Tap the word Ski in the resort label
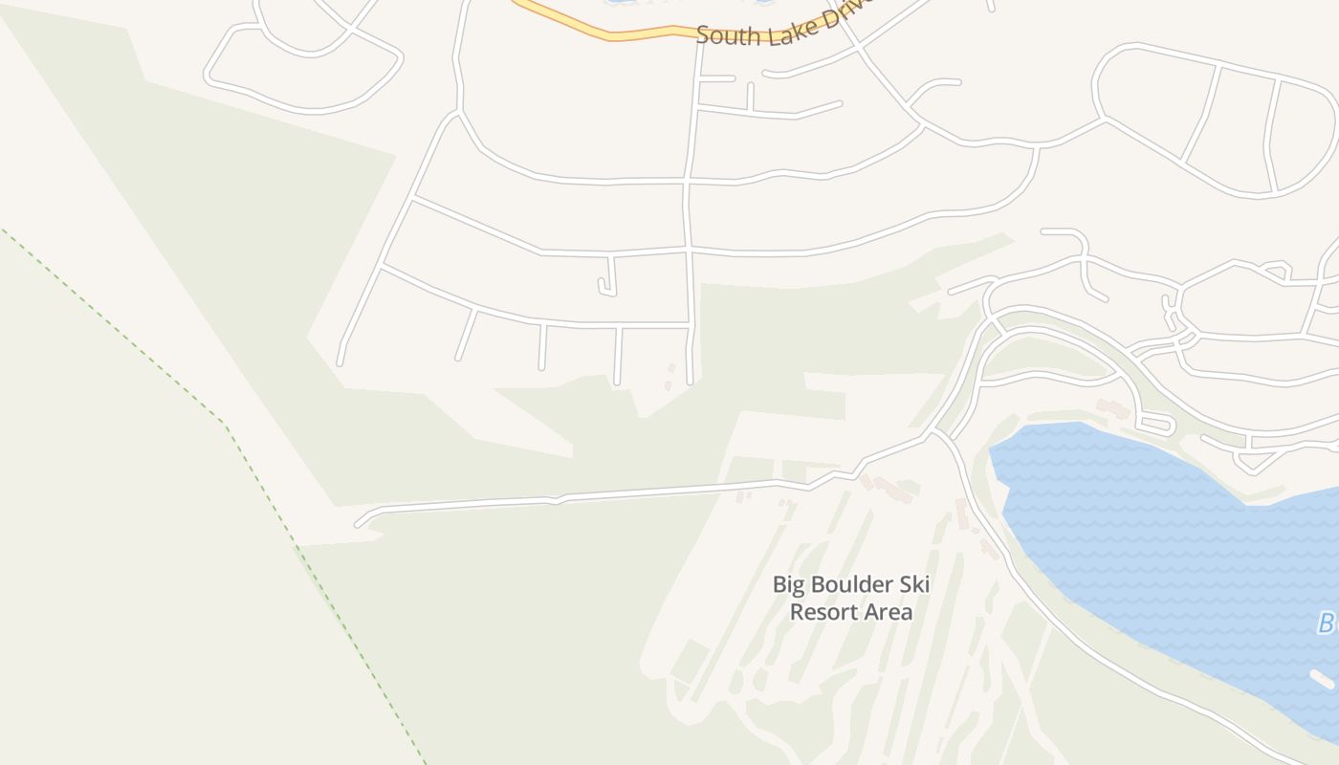914,584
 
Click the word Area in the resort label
889,612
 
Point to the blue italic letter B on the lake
1326,623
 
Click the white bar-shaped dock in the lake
1322,678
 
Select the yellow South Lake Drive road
612,35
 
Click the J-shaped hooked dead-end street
609,277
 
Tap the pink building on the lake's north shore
1112,409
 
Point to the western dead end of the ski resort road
359,523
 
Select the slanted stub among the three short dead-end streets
466,335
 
